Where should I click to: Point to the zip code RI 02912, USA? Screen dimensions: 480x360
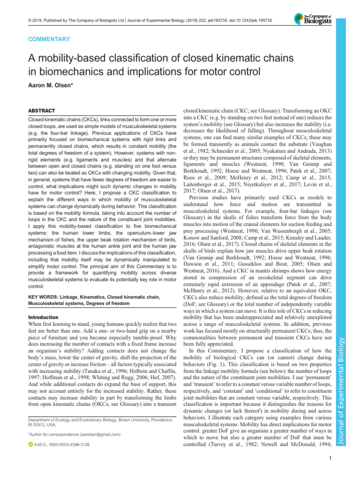pyautogui.click(x=45, y=425)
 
